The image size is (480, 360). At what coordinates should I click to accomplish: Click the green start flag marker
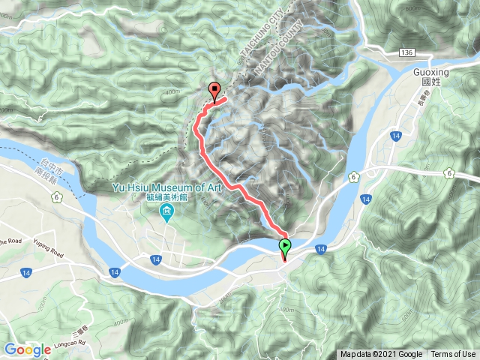pos(285,245)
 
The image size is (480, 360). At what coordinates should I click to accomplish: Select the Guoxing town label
pos(431,73)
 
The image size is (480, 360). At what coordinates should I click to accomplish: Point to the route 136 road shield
pos(407,51)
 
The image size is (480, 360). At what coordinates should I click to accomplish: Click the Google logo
pos(27,349)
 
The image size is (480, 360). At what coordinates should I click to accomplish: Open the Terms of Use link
pos(452,354)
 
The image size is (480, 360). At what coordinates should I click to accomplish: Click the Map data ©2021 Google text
pos(380,354)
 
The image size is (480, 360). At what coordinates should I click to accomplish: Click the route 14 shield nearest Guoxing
pos(394,135)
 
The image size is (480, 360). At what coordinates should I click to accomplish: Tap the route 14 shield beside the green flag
pos(320,248)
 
